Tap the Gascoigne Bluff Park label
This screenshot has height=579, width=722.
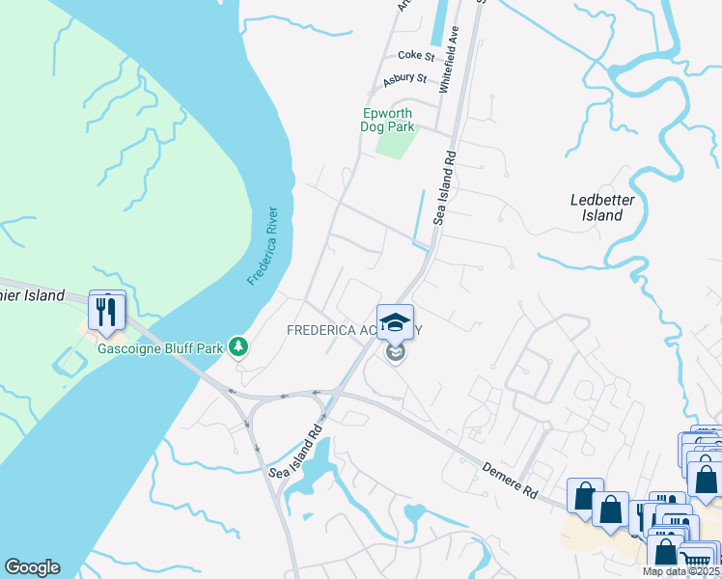159,346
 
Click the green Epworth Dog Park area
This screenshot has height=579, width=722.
396,143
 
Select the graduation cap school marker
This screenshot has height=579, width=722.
395,321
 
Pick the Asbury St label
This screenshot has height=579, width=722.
404,79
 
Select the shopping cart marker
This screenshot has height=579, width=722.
698,561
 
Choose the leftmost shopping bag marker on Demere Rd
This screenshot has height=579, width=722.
585,496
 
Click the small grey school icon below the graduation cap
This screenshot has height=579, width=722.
395,353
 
